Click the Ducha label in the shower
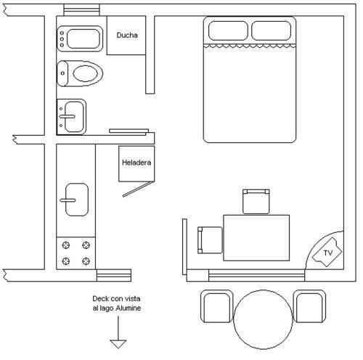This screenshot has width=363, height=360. [x=127, y=35]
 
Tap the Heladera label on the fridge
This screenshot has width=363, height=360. [x=136, y=163]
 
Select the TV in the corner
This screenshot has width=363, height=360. [x=327, y=253]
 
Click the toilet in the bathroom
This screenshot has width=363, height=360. [x=80, y=73]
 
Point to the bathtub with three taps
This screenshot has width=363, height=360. [x=80, y=38]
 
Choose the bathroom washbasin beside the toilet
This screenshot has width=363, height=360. [x=72, y=117]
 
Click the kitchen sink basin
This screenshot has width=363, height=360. [x=76, y=200]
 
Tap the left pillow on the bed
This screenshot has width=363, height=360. [x=228, y=30]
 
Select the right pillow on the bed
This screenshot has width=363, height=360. [x=272, y=30]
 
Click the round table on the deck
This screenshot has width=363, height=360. [x=264, y=319]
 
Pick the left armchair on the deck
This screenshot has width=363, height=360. [x=216, y=306]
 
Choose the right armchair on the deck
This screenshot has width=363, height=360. [x=309, y=306]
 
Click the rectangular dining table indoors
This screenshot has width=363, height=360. [x=256, y=238]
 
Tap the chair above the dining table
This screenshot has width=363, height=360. [x=256, y=202]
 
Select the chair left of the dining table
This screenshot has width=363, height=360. [x=210, y=240]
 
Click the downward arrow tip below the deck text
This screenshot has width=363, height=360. [x=118, y=348]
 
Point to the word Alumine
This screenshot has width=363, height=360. [x=129, y=308]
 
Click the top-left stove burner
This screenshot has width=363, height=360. [x=66, y=245]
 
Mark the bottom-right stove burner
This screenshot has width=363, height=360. [x=86, y=261]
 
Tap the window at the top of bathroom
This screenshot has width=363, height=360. [x=81, y=10]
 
